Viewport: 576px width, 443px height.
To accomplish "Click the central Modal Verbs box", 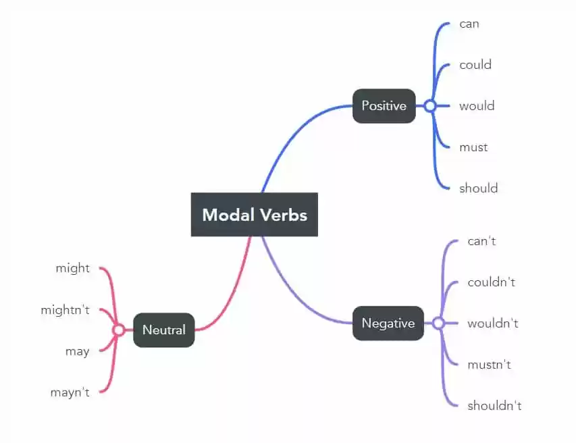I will [255, 215].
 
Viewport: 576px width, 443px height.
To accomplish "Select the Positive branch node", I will [384, 106].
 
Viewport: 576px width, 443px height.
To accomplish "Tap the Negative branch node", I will [388, 323].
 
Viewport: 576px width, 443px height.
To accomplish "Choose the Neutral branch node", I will [163, 330].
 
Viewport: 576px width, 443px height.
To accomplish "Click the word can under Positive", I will [469, 24].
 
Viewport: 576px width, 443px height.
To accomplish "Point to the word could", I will [475, 65].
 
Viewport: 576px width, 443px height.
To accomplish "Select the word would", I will [477, 106].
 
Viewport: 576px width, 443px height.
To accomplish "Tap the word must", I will [473, 147].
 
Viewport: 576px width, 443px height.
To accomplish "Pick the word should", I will [479, 188].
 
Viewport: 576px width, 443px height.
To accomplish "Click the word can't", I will [482, 241].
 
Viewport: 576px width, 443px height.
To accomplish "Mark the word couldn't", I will [492, 282].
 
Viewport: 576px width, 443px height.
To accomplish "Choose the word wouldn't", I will [493, 323].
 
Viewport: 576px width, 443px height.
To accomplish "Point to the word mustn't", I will [490, 365].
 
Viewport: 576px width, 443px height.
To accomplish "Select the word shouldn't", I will [495, 406].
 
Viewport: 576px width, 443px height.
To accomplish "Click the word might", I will [72, 269].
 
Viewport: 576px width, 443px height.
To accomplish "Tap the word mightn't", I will [65, 310].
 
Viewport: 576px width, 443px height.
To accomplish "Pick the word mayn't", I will [70, 392].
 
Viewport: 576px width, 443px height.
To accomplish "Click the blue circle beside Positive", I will [429, 106].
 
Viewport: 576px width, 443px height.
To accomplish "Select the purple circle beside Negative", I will [438, 323].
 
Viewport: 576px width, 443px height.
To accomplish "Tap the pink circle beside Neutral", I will [118, 330].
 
